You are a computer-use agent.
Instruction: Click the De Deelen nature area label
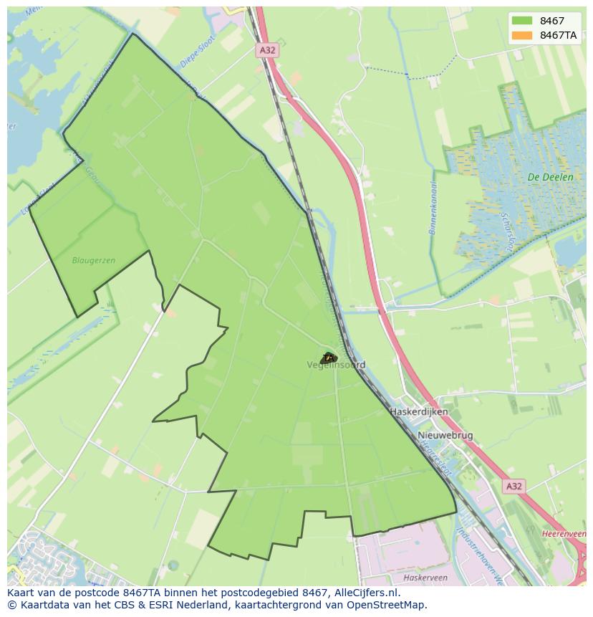coord(549,177)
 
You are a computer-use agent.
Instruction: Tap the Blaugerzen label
coord(94,260)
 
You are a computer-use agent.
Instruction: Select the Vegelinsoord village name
coord(336,365)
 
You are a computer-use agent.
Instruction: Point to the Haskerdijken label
coord(419,412)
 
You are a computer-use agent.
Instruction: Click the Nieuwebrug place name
coord(445,435)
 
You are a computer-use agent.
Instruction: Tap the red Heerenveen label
coord(564,535)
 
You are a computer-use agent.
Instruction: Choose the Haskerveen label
coord(425,577)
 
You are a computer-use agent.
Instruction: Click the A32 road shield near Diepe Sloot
coord(266,50)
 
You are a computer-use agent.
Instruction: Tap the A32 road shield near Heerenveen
coord(514,487)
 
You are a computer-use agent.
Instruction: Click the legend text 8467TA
coord(558,35)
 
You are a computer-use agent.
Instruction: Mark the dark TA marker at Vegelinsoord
coord(329,358)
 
